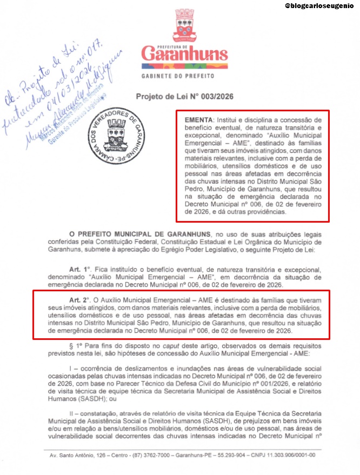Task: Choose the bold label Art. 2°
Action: point(78,299)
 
